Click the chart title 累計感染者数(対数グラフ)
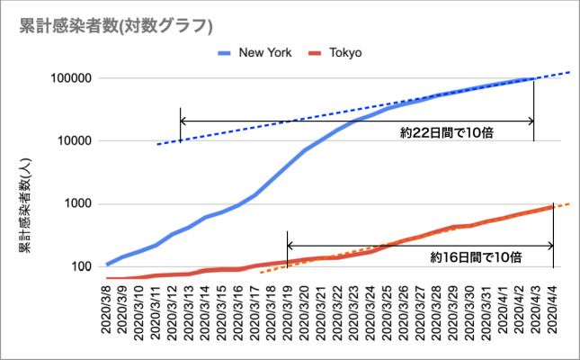(x=104, y=26)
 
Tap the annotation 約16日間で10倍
(x=476, y=257)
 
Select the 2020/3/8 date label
(x=108, y=310)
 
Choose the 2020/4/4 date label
(x=551, y=310)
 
